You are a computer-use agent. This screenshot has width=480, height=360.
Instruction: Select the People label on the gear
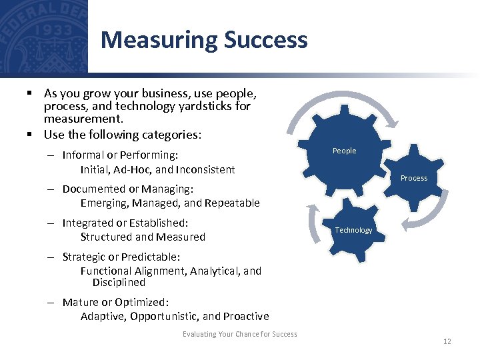click(344, 151)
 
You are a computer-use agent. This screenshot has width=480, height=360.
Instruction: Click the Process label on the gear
click(413, 178)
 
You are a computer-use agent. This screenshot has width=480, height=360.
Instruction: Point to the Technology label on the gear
click(353, 230)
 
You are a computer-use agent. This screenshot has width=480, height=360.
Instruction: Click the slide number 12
click(447, 341)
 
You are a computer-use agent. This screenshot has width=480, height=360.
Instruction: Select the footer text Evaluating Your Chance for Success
click(240, 334)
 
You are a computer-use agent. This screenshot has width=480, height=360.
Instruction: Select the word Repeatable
click(232, 203)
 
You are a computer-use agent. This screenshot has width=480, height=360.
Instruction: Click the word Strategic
click(83, 257)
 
